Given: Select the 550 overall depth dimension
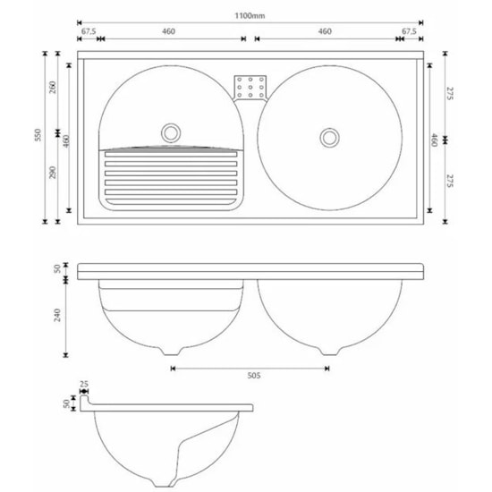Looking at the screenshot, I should (38, 136).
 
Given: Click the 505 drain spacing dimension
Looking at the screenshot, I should (249, 377).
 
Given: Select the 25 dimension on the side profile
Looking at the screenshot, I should (84, 386).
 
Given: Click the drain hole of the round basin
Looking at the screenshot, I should (329, 137).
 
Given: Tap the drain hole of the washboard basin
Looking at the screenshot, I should (170, 132).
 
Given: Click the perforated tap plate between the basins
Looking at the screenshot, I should (250, 87).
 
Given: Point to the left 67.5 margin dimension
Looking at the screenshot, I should (89, 31).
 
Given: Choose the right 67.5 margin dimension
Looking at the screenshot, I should (410, 31).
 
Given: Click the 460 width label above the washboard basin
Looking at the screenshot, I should (169, 31).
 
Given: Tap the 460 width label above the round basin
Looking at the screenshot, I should (325, 31).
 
